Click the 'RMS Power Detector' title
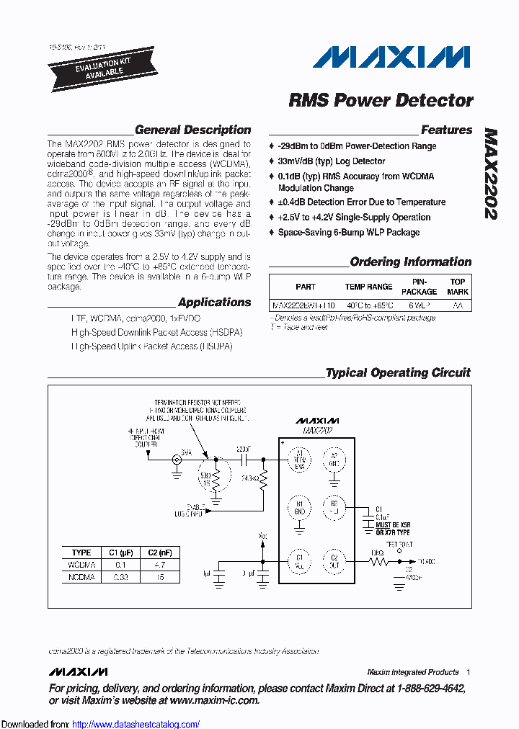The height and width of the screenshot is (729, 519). [381, 100]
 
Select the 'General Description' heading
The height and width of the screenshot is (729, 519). [192, 130]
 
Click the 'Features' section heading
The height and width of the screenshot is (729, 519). [446, 130]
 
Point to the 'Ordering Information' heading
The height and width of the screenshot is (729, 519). [410, 262]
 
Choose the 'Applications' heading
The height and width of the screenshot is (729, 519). [214, 303]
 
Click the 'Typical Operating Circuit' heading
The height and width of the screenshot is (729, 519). [397, 373]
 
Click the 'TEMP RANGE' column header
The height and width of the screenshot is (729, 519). [368, 287]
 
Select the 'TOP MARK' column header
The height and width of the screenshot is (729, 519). [458, 287]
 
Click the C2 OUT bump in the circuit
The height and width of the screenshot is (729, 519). [334, 560]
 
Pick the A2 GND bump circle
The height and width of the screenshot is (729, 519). [334, 459]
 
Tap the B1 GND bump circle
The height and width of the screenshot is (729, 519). [299, 508]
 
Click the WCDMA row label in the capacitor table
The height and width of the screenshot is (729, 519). [81, 565]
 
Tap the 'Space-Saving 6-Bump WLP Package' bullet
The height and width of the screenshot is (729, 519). [349, 233]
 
